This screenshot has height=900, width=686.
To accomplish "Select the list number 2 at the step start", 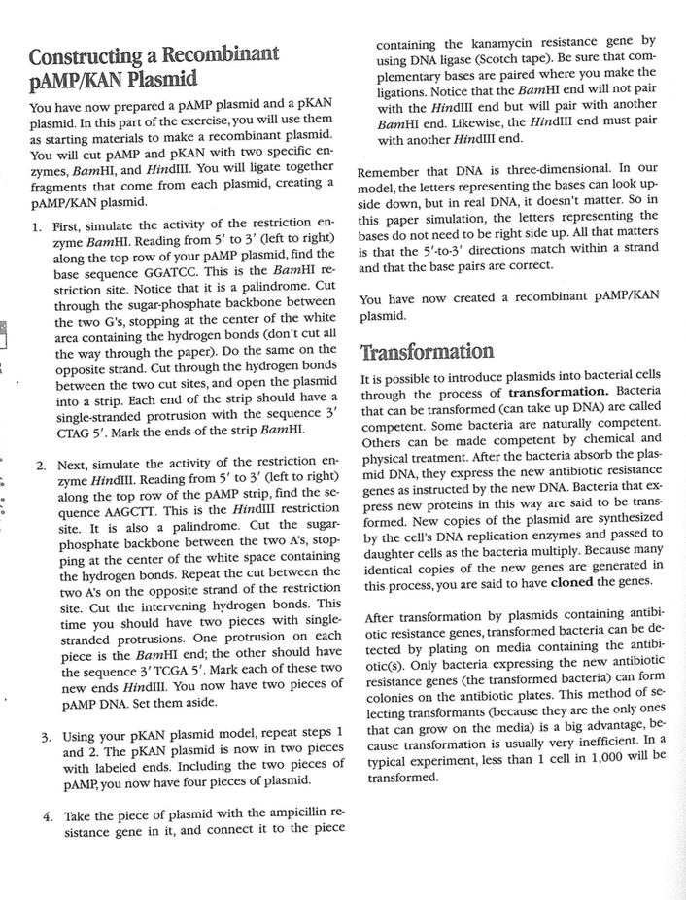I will (x=41, y=464).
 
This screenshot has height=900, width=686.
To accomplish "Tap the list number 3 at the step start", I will (x=45, y=736).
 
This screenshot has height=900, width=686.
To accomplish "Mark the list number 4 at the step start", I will (x=48, y=814).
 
